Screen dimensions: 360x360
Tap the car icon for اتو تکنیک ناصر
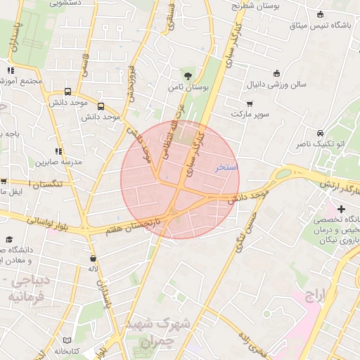point(320,133)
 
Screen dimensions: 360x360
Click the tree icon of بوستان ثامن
point(188,75)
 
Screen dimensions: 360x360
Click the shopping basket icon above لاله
point(93,258)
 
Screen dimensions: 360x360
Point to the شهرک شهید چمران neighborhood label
point(158,333)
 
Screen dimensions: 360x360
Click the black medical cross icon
point(342,209)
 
